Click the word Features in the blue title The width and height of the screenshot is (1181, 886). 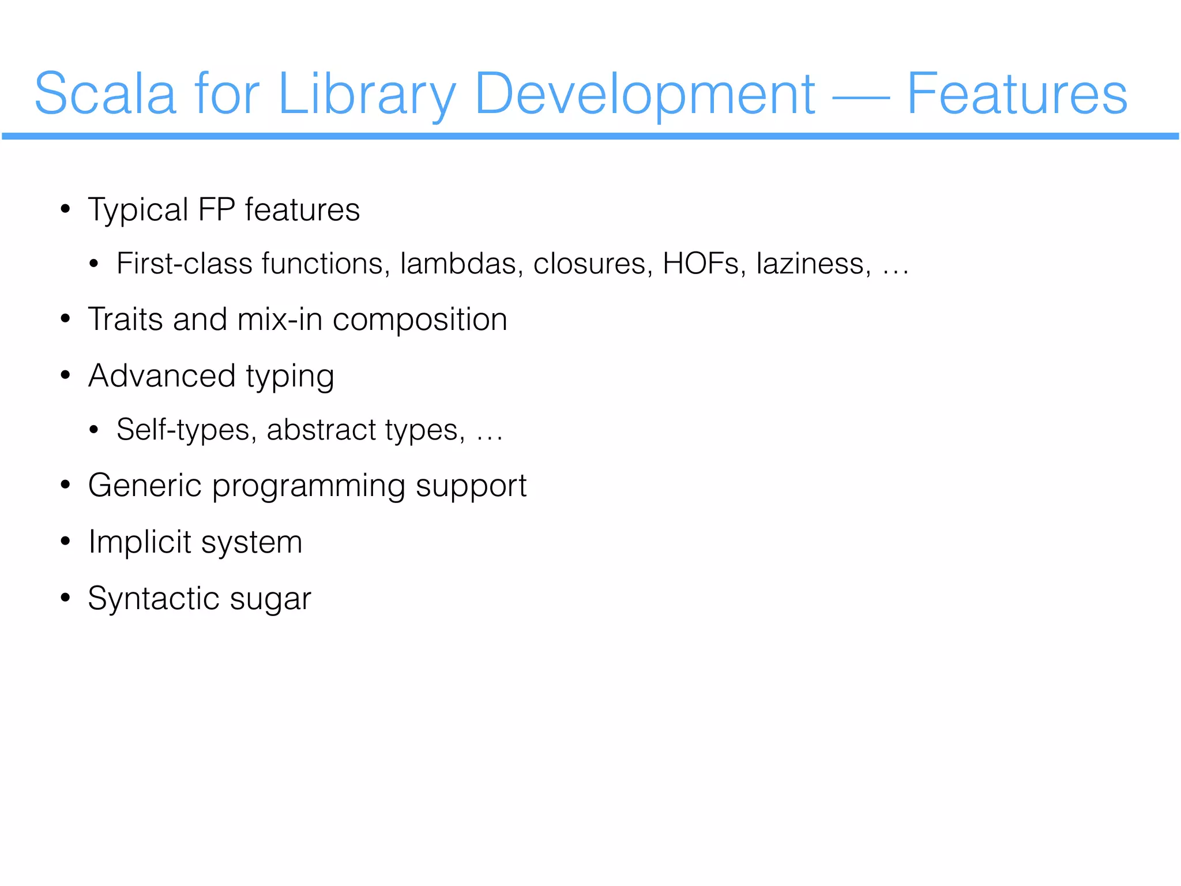1017,93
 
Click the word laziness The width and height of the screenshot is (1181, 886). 814,264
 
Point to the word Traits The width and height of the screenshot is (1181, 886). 125,319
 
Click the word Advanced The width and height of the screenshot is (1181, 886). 162,376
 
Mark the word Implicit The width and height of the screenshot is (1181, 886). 140,542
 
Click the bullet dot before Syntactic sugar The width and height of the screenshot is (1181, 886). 65,598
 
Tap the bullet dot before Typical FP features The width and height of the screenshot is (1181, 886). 65,209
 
